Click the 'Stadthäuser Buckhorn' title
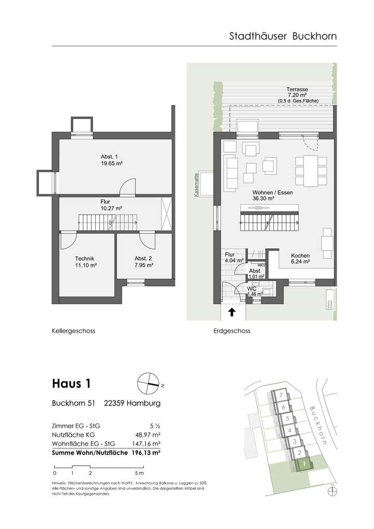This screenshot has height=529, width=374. [283, 36]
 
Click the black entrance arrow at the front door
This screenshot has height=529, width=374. [232, 312]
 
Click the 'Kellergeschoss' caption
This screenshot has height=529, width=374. [73, 330]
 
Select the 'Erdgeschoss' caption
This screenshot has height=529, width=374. [232, 330]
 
